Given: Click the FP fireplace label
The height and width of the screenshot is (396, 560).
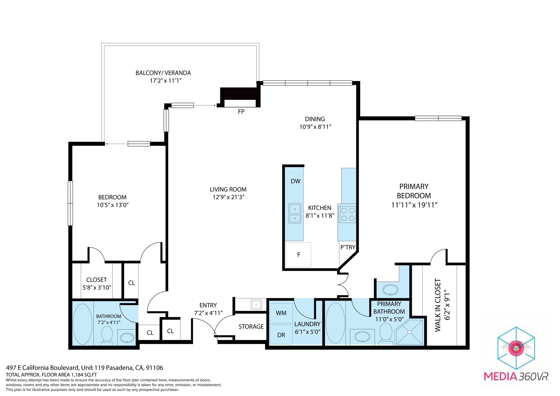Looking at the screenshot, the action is (x=241, y=112).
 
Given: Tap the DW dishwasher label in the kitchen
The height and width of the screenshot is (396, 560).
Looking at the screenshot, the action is (x=296, y=181).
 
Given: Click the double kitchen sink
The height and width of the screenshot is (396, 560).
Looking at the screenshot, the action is (x=295, y=213).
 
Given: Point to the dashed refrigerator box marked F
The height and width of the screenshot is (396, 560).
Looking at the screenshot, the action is (x=298, y=255).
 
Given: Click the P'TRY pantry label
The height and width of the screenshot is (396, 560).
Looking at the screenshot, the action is (x=348, y=247).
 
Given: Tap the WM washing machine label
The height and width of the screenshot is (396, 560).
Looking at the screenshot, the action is (x=281, y=313).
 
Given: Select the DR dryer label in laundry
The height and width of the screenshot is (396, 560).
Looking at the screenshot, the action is (x=281, y=335).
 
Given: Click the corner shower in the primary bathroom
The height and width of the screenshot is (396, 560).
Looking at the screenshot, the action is (x=410, y=332).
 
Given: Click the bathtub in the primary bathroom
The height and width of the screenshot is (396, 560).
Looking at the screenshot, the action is (x=336, y=323).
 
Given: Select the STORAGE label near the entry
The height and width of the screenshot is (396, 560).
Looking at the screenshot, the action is (x=251, y=327).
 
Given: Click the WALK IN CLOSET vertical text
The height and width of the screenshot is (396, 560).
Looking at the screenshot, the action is (x=438, y=305).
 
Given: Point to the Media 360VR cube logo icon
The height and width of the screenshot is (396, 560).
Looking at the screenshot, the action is (x=516, y=348).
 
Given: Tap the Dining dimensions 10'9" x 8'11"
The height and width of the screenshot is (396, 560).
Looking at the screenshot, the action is (x=315, y=127).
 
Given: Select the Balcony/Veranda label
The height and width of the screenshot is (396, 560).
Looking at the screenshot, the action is (x=163, y=73).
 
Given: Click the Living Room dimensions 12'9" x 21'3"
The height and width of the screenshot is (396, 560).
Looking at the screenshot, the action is (x=228, y=197).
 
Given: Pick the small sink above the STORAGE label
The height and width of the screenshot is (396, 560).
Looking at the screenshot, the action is (x=256, y=304).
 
